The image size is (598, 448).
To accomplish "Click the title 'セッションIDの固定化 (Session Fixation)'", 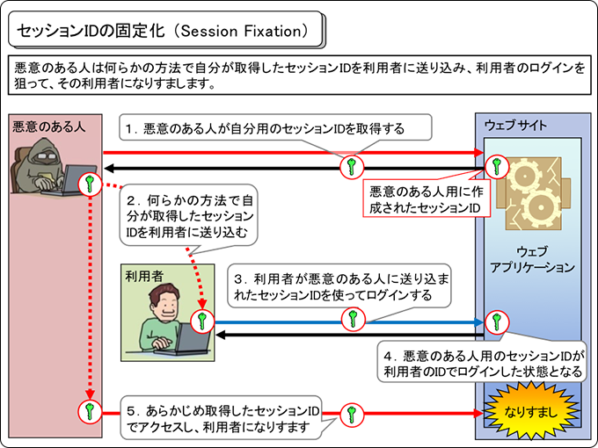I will (164, 31).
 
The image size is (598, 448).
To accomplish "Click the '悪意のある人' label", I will (49, 126).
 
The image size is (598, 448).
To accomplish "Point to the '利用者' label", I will (144, 276).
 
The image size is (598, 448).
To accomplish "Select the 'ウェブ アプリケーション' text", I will (533, 258).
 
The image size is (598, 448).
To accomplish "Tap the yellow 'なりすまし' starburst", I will (527, 410).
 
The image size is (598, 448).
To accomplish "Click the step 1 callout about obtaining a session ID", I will (277, 128).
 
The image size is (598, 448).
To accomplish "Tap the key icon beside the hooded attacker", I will (91, 184).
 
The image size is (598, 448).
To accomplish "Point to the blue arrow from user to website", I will (290, 322).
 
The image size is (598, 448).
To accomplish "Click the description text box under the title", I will (298, 77).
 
